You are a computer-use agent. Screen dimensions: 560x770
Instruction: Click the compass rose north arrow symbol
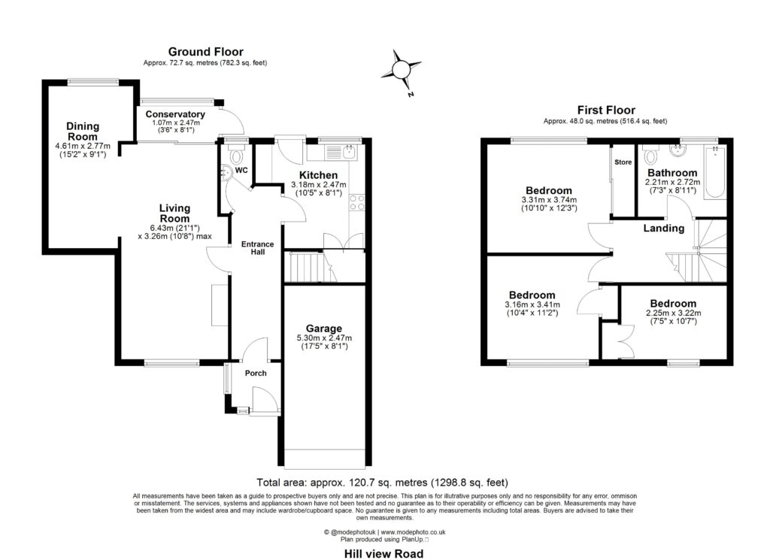point(402,68)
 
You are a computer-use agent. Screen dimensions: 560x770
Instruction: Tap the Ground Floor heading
point(205,52)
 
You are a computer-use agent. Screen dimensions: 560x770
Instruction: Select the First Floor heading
point(605,110)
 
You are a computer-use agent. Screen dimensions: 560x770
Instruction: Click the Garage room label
point(324,328)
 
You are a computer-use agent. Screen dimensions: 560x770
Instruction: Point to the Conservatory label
point(176,114)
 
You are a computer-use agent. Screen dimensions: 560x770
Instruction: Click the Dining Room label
point(83,132)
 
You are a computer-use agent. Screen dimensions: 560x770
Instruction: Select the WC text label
point(241,171)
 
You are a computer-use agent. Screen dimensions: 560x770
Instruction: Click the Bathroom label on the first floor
point(673,172)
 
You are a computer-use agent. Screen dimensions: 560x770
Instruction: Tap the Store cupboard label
point(623,162)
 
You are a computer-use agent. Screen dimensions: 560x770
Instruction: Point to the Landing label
point(664,228)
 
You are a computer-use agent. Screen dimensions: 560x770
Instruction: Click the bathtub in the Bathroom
point(714,172)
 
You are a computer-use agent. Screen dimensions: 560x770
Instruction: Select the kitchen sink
point(347,153)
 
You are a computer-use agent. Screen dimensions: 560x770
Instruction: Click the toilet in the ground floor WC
point(237,156)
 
